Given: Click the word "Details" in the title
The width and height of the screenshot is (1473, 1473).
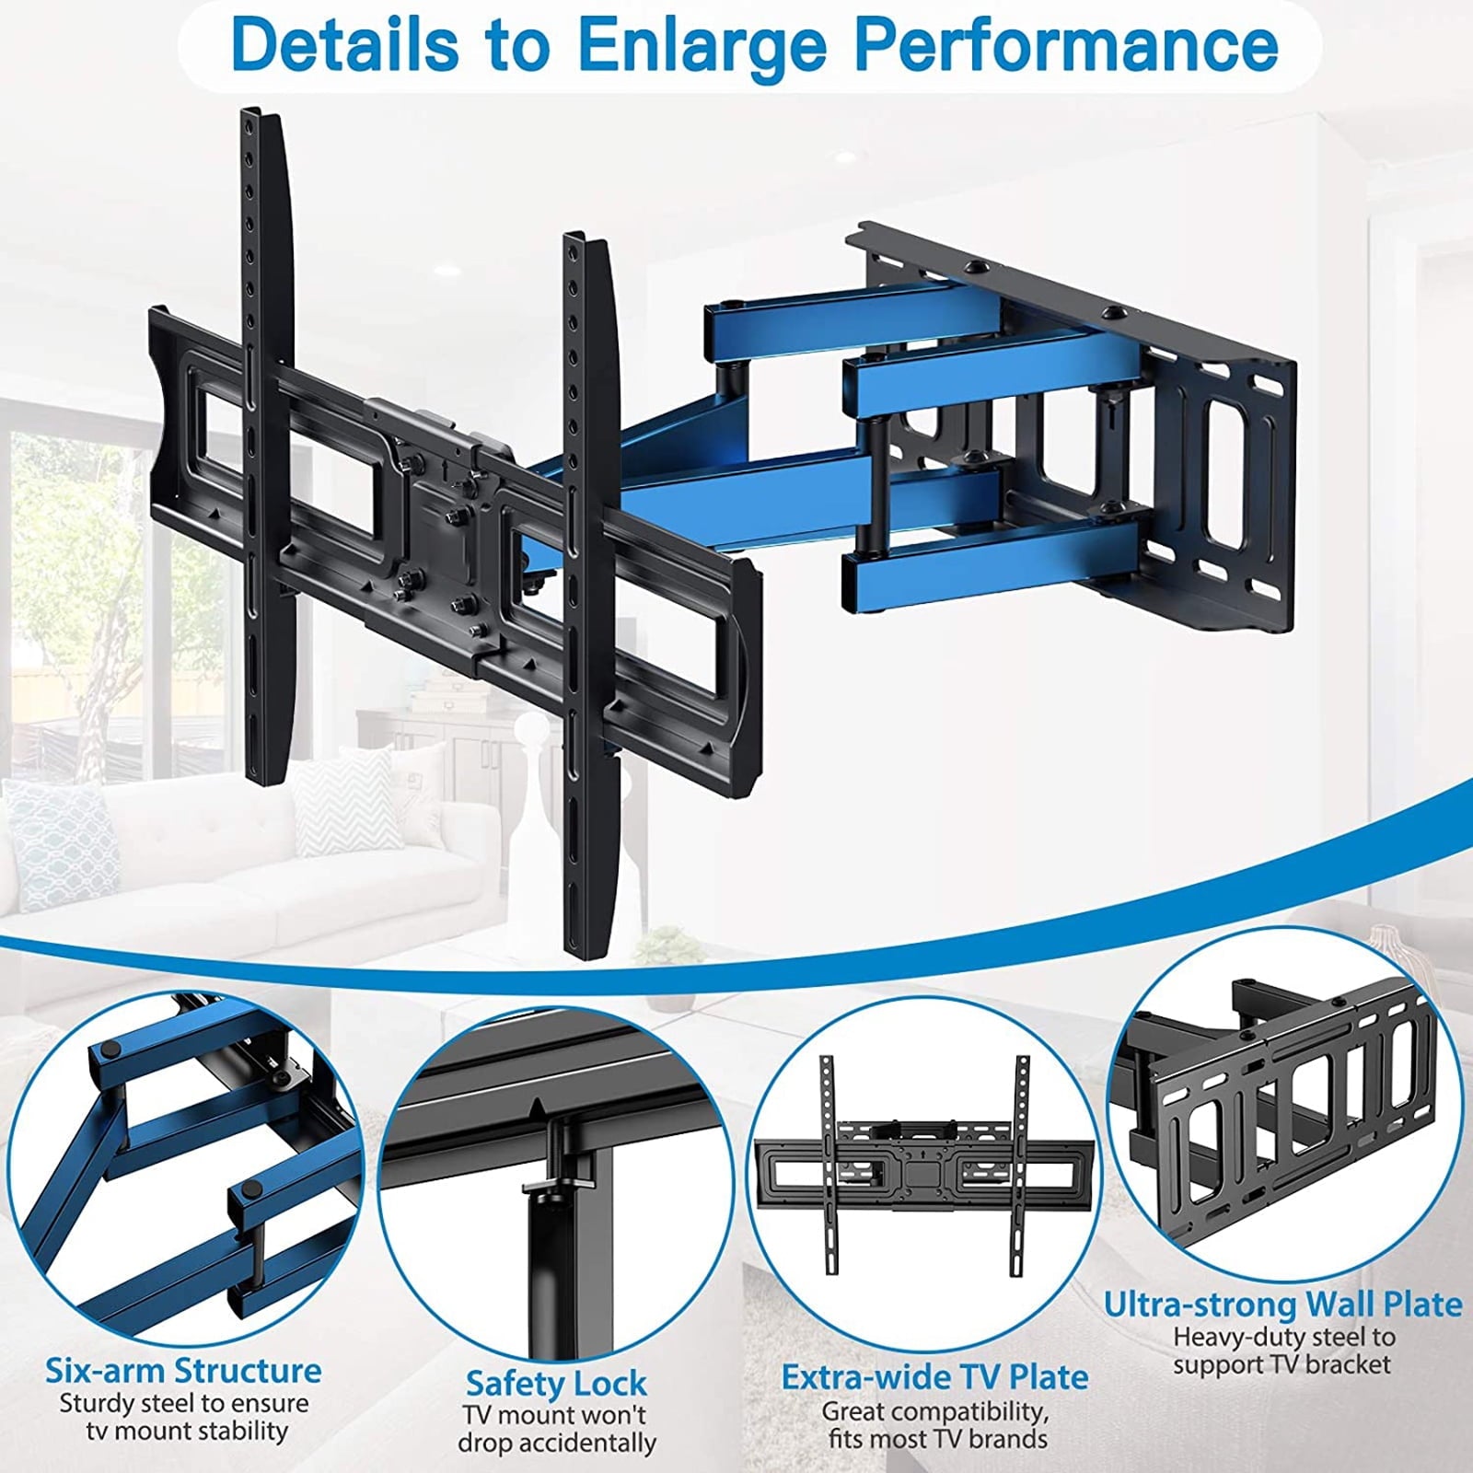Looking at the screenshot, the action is tap(344, 44).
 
